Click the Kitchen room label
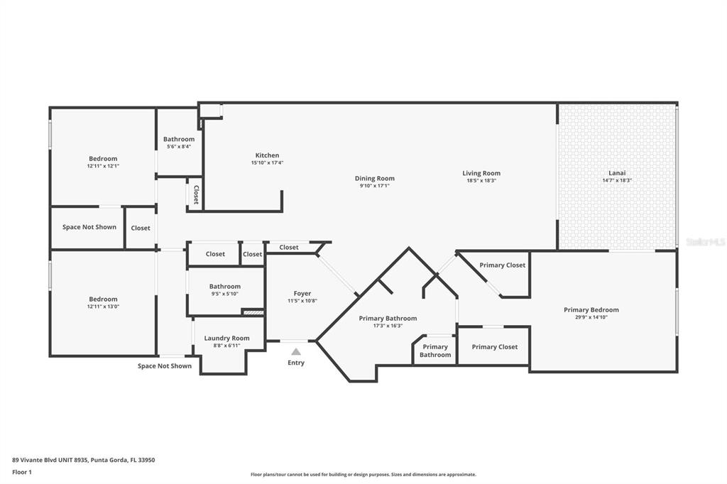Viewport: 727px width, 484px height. coord(267,155)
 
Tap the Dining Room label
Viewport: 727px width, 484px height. coord(375,178)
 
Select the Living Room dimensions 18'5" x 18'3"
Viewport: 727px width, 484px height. coord(481,181)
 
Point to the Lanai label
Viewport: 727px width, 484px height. coord(617,173)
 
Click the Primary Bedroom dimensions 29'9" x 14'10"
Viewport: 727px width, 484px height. coord(591,317)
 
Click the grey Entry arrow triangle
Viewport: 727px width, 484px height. coord(296,351)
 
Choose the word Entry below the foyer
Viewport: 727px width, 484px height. coord(296,363)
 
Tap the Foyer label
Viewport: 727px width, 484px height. coord(302,294)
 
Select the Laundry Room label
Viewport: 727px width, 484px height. coord(226,338)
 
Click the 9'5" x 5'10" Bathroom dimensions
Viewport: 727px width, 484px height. coord(225,294)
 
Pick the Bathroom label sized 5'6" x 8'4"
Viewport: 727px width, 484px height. coord(179,139)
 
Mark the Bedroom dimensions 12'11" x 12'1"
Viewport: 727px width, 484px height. coord(103,166)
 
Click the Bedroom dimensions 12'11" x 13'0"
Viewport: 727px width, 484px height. coord(103,307)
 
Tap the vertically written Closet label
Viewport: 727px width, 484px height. coord(196,194)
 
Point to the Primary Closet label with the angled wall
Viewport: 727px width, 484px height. coord(502,265)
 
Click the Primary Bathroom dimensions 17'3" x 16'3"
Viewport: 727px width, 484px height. coord(388,326)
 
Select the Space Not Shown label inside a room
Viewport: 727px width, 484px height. coord(89,226)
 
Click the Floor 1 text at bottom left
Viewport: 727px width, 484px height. coord(22,472)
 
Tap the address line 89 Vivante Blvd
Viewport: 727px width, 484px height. coord(84,460)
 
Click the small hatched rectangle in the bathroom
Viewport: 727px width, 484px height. coord(253,313)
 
